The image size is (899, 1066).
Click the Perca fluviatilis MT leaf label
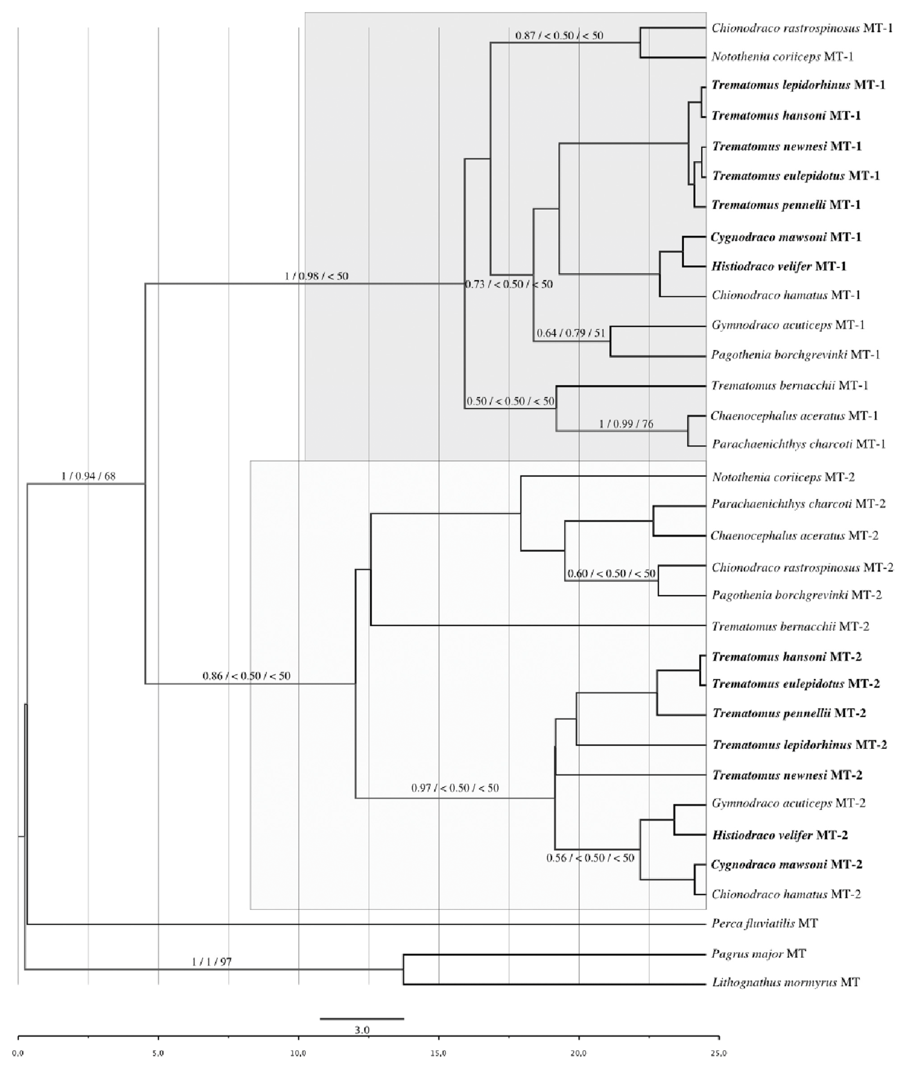pos(765,923)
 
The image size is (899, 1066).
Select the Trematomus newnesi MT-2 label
pos(787,775)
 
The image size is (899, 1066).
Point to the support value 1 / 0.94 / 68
pos(88,476)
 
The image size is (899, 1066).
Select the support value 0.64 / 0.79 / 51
pos(571,334)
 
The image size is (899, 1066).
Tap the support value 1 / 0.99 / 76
pos(626,424)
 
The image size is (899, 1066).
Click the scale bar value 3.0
pos(362,1030)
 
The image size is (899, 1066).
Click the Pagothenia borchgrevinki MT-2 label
pos(797,595)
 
